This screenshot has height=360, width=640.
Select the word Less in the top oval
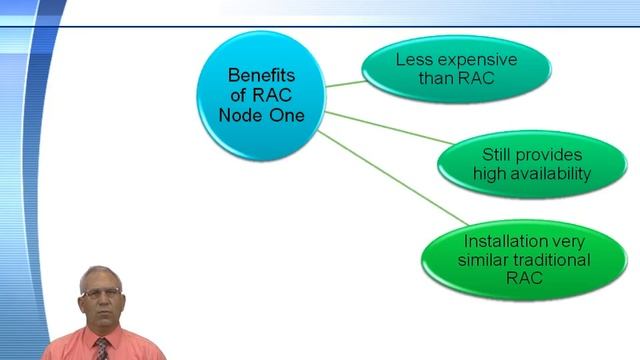(x=410, y=60)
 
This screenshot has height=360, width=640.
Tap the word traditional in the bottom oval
(x=555, y=260)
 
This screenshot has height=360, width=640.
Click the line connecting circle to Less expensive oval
(x=345, y=83)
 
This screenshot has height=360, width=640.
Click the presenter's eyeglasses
(x=102, y=292)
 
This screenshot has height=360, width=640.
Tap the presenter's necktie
(x=102, y=349)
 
